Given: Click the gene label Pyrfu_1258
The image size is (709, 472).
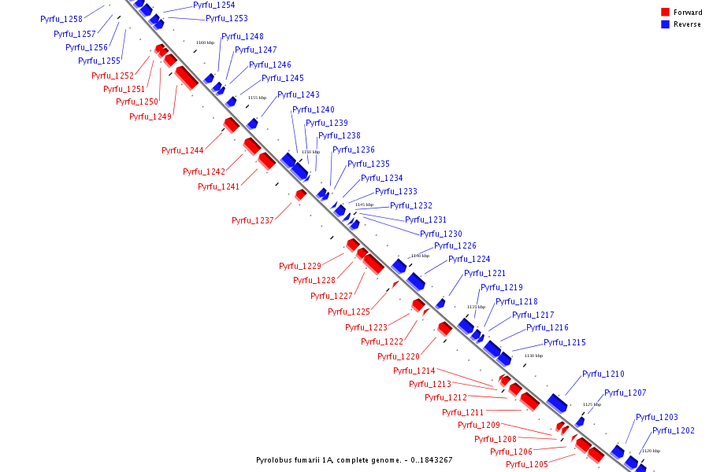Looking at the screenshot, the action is [x=61, y=19].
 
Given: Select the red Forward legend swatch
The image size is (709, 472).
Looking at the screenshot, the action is [x=666, y=13].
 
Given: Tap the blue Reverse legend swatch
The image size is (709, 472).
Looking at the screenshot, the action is [x=666, y=24].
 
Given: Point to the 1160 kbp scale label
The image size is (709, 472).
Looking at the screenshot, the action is [x=205, y=42].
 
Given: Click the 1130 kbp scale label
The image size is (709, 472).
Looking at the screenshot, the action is [x=533, y=356].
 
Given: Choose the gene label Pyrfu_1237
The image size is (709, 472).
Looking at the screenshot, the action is [x=253, y=220].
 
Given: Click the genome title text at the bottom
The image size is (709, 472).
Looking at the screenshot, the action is [x=354, y=459].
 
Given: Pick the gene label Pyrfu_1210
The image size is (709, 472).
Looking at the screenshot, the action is [x=603, y=374].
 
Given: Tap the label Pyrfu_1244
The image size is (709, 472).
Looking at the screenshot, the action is [x=183, y=150].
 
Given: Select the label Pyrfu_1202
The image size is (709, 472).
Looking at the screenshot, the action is [x=674, y=430].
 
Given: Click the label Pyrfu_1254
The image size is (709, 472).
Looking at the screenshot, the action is [x=214, y=5].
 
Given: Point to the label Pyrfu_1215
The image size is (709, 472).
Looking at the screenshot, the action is [x=565, y=342].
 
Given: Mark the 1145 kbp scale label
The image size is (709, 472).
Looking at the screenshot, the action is [x=364, y=205].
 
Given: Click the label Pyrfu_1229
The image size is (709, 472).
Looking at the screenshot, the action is [x=300, y=266].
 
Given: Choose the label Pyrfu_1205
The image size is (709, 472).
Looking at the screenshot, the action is [x=527, y=464].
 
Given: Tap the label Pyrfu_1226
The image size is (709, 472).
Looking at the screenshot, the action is [x=455, y=245].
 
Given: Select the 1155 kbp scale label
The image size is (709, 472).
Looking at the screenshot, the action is [x=257, y=98].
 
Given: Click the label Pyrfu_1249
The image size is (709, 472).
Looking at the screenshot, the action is [x=150, y=116].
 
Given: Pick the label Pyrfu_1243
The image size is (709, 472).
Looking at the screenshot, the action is [x=299, y=94].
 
